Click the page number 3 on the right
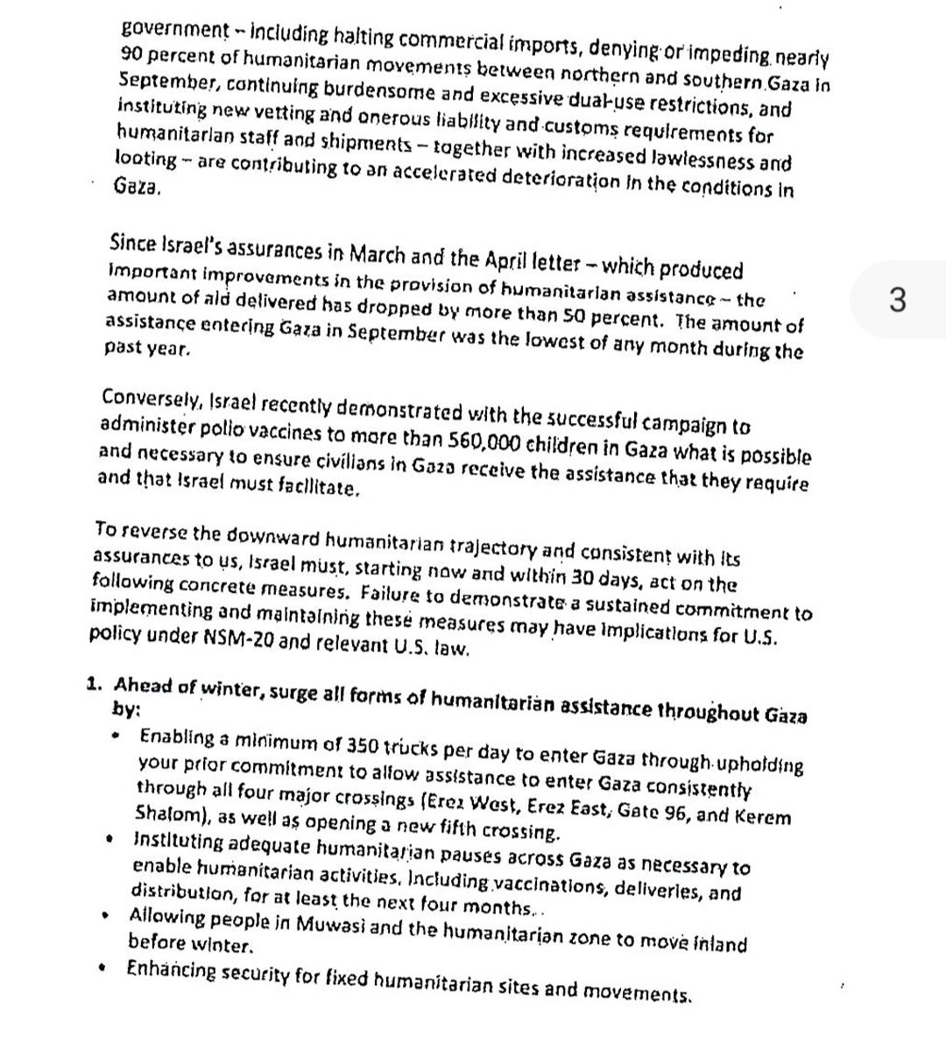896,300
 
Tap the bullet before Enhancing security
104,969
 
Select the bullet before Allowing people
105,917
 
